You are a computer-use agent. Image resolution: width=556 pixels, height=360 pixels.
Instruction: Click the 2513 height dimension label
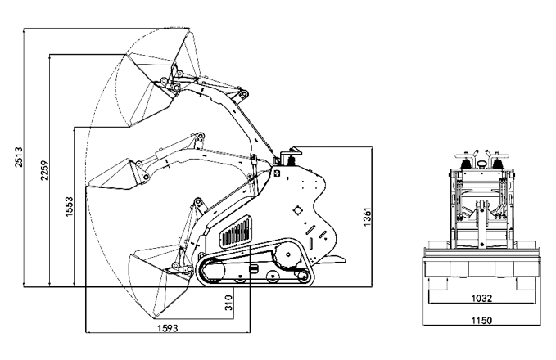tap(19, 156)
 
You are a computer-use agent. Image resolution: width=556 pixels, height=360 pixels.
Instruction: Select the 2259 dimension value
tap(44, 170)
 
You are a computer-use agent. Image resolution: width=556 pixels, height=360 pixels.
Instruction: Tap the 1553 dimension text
tap(69, 207)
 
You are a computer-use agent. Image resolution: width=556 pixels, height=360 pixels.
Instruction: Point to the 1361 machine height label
tap(367, 217)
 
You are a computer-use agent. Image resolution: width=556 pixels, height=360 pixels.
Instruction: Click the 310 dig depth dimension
tap(228, 303)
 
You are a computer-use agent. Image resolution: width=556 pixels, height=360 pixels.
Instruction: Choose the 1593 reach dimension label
tap(168, 328)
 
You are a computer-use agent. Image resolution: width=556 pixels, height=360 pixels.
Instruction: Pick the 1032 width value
tap(481, 299)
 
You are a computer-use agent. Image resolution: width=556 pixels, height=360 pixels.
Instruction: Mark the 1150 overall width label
tap(481, 320)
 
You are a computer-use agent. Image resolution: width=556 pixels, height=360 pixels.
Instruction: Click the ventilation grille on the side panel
tap(237, 232)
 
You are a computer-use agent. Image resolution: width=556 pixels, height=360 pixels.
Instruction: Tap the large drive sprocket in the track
tap(287, 254)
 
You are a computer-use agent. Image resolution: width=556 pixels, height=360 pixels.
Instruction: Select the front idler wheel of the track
tap(213, 271)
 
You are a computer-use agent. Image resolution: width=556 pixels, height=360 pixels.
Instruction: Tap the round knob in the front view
tap(481, 164)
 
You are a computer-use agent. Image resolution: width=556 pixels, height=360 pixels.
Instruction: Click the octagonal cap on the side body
tap(298, 210)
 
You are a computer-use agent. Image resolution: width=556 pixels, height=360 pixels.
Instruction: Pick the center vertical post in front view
tap(481, 224)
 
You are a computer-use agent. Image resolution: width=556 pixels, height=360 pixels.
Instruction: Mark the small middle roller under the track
tap(273, 276)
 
